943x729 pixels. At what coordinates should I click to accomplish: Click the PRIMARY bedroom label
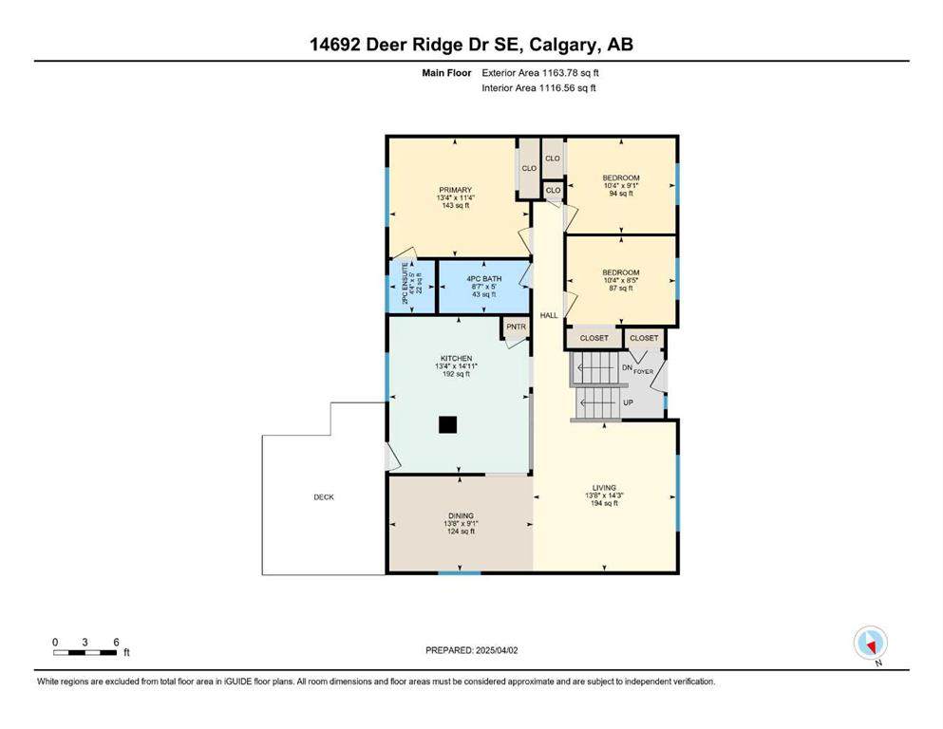[x=455, y=190]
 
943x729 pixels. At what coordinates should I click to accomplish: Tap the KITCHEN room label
[x=455, y=359]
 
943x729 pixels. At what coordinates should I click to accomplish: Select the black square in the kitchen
[x=447, y=426]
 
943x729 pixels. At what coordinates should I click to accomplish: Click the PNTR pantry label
[x=516, y=327]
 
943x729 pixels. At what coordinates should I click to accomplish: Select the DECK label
[x=324, y=496]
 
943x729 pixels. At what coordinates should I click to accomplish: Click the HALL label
[x=548, y=315]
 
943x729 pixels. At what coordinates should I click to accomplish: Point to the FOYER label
[x=644, y=372]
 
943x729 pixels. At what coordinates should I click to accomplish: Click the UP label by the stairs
[x=628, y=402]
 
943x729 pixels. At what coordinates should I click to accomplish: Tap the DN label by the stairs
[x=627, y=367]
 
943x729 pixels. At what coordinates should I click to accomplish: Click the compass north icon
[x=871, y=643]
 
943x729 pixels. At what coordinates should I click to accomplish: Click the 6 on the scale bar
[x=116, y=643]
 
